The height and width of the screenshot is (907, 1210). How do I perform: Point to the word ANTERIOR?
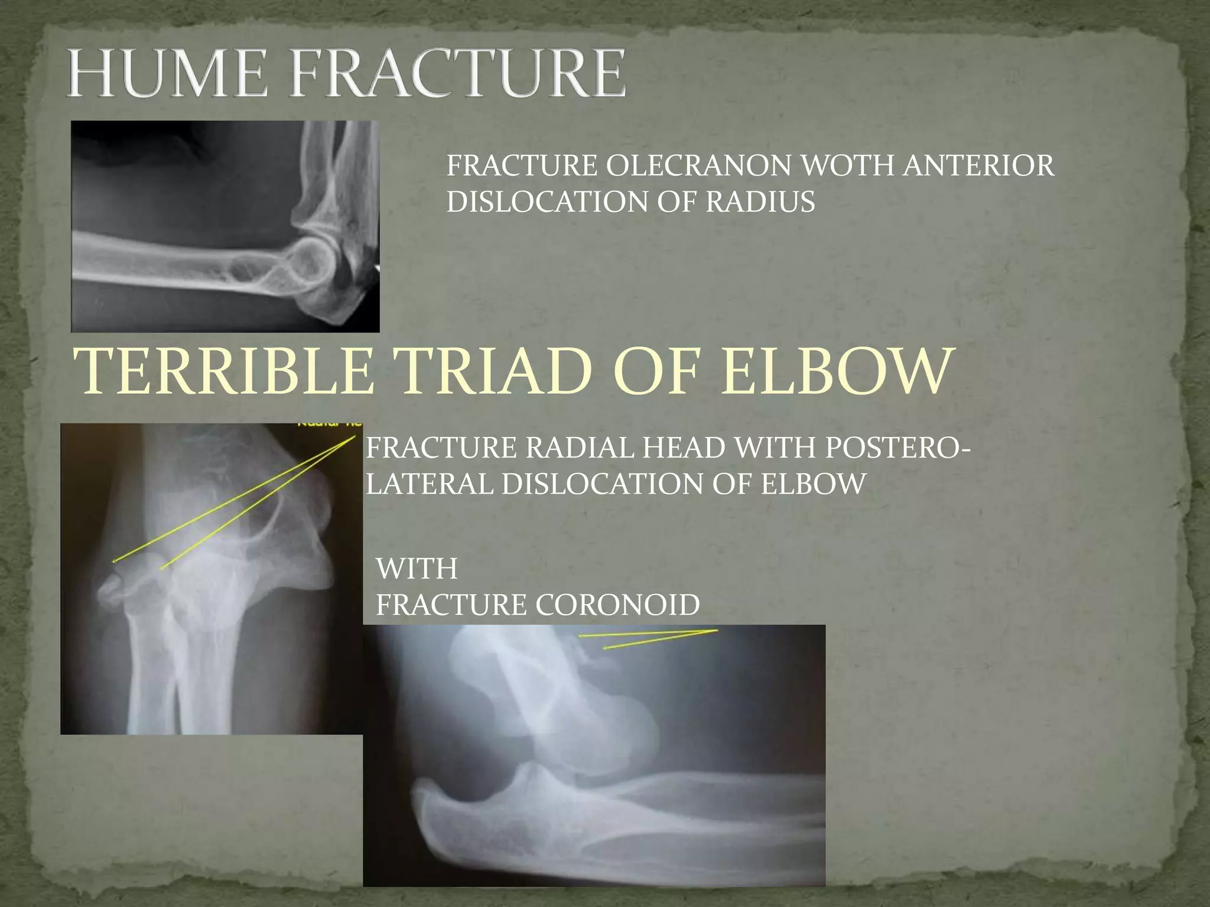[978, 165]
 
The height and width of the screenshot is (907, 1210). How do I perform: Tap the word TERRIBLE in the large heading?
[224, 372]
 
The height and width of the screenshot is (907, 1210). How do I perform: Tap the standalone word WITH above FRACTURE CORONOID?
[417, 569]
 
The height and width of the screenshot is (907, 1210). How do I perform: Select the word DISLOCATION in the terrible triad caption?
[603, 485]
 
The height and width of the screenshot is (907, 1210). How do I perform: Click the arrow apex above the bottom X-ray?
[717, 631]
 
